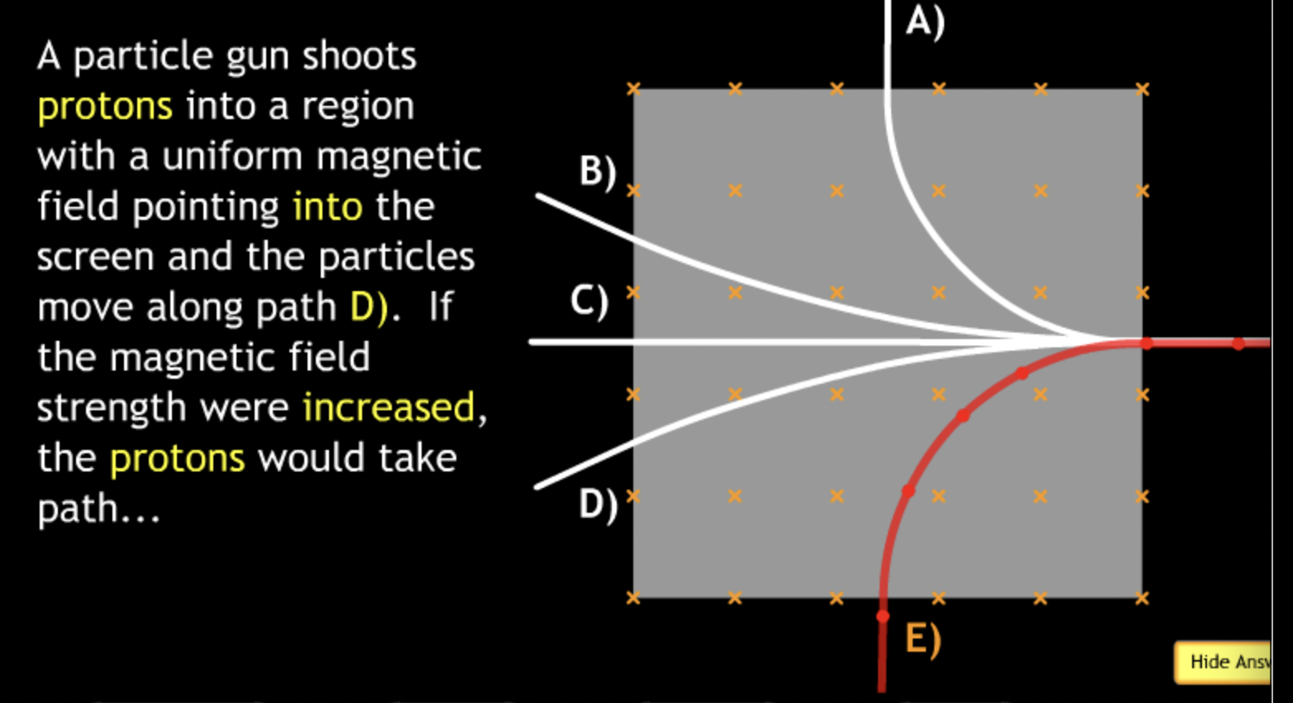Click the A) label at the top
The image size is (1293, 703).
(x=924, y=21)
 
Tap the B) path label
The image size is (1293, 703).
(x=597, y=172)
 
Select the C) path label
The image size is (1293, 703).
(x=589, y=301)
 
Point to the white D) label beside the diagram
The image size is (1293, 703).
(x=597, y=504)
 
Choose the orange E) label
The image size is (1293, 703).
(x=923, y=638)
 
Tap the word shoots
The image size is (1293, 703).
(x=359, y=56)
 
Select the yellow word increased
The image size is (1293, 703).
(x=389, y=408)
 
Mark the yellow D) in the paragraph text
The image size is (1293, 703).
(x=368, y=308)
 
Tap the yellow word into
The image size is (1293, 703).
(x=327, y=207)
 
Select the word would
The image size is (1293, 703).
(x=310, y=458)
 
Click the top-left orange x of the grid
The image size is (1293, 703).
(x=633, y=88)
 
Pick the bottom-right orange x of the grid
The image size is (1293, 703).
(x=1142, y=598)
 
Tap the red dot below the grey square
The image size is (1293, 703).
(x=883, y=616)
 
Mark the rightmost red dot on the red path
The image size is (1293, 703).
(x=1238, y=343)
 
